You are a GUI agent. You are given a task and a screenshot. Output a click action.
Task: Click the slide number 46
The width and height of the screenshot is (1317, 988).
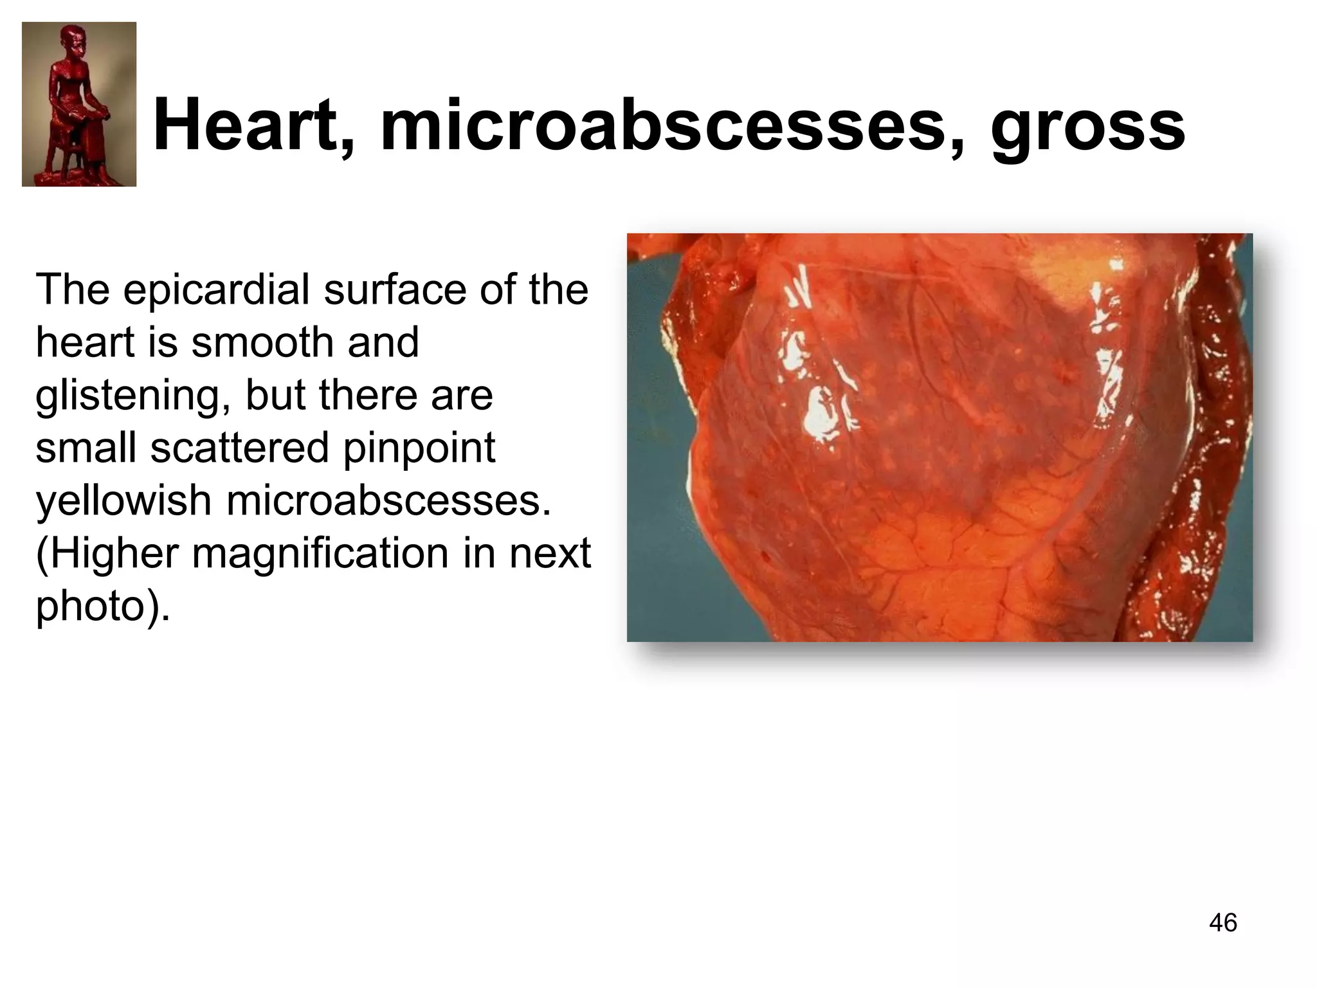[1222, 922]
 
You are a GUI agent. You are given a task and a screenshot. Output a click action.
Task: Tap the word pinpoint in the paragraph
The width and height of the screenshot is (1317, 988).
[419, 448]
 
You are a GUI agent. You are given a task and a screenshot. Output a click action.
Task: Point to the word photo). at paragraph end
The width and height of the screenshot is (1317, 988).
[103, 607]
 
